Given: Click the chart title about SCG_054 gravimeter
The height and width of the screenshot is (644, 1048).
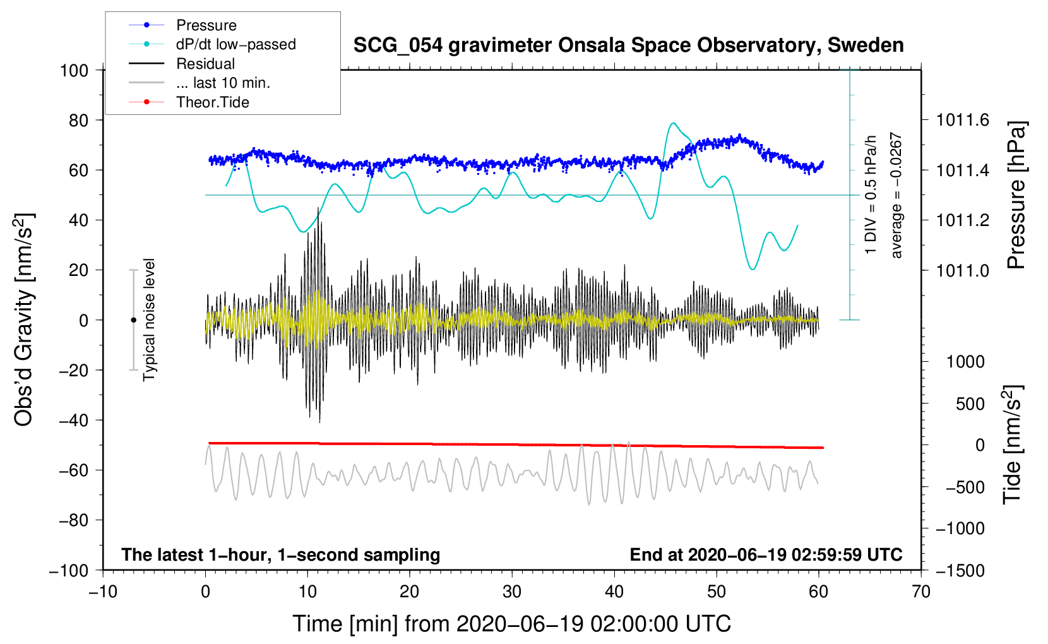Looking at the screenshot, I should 628,45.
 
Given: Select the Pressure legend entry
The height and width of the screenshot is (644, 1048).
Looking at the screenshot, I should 206,25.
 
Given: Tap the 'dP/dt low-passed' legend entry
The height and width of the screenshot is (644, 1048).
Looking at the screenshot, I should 235,44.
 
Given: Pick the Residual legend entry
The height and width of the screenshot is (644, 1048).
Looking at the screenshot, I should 205,64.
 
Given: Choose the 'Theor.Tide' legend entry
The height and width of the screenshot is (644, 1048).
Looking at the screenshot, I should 212,102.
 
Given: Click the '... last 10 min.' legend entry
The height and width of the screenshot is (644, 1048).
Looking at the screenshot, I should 223,83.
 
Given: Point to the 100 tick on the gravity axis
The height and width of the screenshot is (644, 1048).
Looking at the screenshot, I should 74,70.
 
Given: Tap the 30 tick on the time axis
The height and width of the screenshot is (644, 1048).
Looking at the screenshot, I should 512,592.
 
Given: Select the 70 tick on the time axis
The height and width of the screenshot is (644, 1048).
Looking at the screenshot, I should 921,592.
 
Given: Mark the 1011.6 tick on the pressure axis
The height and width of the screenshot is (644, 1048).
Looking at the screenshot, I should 963,120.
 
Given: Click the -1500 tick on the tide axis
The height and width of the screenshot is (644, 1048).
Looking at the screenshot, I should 960,571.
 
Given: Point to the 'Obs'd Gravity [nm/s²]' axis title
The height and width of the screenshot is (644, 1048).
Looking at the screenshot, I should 24,320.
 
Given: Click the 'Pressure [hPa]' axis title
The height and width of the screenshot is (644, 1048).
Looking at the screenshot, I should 1016,195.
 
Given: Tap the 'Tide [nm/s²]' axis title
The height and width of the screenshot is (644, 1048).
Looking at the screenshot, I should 1013,444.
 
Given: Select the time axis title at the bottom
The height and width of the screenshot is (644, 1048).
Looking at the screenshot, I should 512,624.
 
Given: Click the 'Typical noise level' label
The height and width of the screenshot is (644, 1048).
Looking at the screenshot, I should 149,319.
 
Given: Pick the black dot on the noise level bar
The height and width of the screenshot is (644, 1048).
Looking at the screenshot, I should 133,320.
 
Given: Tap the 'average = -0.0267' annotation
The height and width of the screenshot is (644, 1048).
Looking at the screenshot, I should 896,195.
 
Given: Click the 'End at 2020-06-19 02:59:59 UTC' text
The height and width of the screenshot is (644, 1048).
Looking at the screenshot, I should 766,555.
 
